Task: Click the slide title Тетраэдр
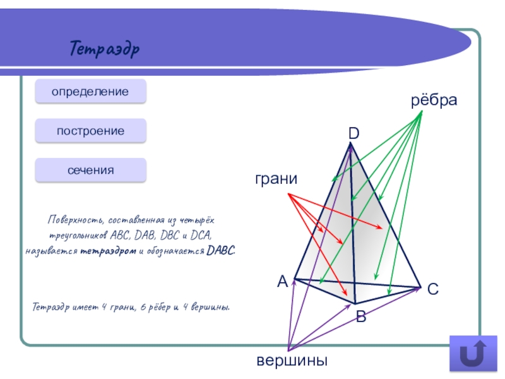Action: coord(105,48)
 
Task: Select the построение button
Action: coord(90,131)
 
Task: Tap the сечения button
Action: coord(90,170)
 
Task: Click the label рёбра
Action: coord(434,101)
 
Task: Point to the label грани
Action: coord(276,180)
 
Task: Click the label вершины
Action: coord(292,361)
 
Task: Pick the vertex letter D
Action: coord(353,133)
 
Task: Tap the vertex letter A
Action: coord(282,282)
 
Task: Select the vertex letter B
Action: coord(361,316)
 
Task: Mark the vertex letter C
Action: coord(432,290)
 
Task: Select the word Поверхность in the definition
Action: coord(75,220)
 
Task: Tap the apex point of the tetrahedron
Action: coord(350,144)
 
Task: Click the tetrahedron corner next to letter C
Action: coord(420,288)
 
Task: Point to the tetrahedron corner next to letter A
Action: coord(295,279)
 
